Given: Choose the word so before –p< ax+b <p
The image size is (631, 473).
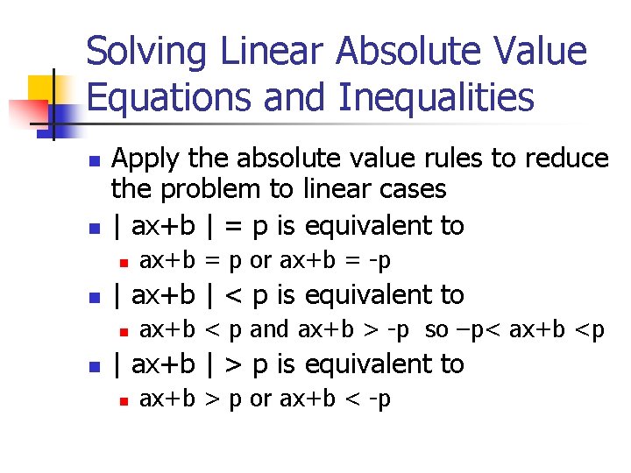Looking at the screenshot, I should click(436, 329).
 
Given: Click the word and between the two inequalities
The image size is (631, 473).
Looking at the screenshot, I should click(269, 329).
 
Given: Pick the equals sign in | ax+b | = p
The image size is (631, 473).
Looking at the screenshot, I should click(232, 226).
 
